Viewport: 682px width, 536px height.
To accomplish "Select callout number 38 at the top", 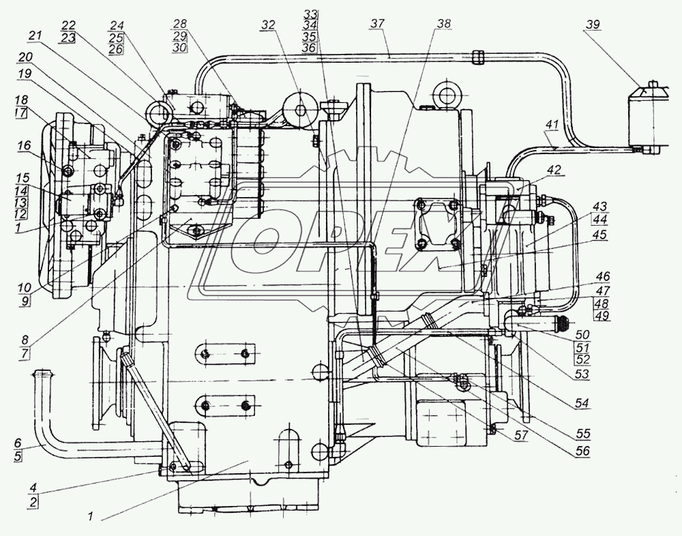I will (x=444, y=23).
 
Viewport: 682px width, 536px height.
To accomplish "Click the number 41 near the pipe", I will (x=551, y=125).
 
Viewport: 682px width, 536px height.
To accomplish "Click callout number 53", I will (x=581, y=374).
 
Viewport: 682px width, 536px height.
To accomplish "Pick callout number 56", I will (x=581, y=451).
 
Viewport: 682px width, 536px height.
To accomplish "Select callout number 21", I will (x=35, y=35).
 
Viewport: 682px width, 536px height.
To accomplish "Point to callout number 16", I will (x=25, y=145).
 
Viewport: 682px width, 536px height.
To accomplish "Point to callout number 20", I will (x=27, y=57).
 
